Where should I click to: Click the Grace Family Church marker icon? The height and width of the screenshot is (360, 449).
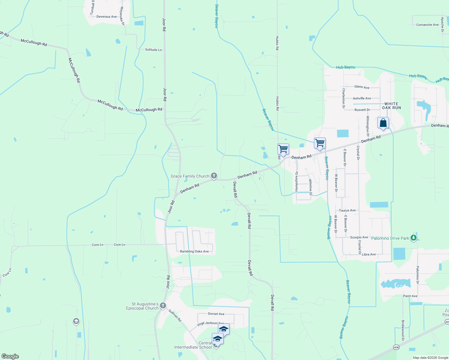point(214,176)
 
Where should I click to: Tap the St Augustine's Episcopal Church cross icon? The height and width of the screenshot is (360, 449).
point(163,306)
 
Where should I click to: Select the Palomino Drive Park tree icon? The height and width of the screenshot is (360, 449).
point(414,238)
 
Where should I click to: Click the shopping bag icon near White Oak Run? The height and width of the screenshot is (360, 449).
point(383,123)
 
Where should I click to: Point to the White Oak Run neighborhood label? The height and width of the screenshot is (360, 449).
point(391,106)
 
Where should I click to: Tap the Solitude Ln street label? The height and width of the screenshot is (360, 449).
point(153,50)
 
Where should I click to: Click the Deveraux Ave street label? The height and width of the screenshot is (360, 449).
point(107,17)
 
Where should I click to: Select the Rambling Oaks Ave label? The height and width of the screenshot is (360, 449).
point(194,251)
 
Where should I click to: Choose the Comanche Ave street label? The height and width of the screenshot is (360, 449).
point(427,25)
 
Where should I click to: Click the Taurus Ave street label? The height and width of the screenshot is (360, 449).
point(347,211)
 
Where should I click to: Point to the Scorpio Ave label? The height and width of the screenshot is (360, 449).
point(359,237)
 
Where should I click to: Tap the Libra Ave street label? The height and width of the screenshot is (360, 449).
point(369,254)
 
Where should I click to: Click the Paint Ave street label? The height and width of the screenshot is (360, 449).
point(410,296)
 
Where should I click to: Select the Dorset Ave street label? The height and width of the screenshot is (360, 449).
point(216,314)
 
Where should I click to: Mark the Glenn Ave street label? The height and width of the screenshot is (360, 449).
point(362,87)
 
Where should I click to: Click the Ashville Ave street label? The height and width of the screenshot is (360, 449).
point(362,98)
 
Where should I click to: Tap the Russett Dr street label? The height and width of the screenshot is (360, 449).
point(362,110)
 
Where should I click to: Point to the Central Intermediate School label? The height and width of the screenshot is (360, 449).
point(193,345)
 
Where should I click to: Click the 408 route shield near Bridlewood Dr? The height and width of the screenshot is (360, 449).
point(396,347)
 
